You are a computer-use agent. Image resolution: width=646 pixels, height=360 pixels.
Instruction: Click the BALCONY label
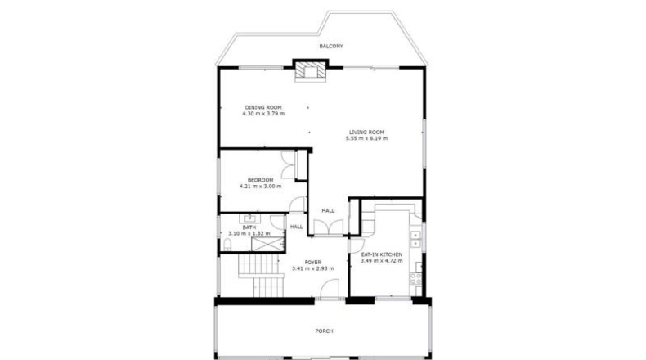(331, 46)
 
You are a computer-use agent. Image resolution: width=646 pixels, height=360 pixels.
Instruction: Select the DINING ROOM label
(263, 107)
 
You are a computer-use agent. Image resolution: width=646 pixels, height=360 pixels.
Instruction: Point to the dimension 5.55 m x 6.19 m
(366, 138)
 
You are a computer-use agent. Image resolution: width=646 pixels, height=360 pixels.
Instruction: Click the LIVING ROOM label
(366, 133)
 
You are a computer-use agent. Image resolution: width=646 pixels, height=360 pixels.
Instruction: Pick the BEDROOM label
(260, 180)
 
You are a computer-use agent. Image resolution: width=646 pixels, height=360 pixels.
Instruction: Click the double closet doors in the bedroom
(288, 165)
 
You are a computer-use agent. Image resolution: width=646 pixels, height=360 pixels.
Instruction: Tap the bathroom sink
(249, 218)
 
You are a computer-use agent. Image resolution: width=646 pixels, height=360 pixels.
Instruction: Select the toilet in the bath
(227, 245)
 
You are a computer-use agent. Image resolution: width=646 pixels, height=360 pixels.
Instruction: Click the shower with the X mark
(267, 244)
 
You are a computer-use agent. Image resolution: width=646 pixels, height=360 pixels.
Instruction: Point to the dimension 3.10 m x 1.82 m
(249, 233)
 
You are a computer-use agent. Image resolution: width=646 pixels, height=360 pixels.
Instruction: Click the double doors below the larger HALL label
(329, 227)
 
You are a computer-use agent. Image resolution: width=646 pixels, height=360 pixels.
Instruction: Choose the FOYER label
(312, 263)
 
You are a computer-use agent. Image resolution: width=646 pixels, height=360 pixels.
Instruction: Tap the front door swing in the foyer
(330, 288)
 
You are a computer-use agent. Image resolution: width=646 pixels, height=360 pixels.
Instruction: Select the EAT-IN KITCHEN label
(382, 254)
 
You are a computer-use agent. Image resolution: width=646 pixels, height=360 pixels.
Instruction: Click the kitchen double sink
(415, 240)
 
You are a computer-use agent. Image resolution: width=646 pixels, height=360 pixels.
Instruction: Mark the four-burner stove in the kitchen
(415, 279)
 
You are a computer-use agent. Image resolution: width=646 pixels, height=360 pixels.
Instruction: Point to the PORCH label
(325, 331)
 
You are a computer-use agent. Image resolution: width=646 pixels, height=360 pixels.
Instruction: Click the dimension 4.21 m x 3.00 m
(260, 187)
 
